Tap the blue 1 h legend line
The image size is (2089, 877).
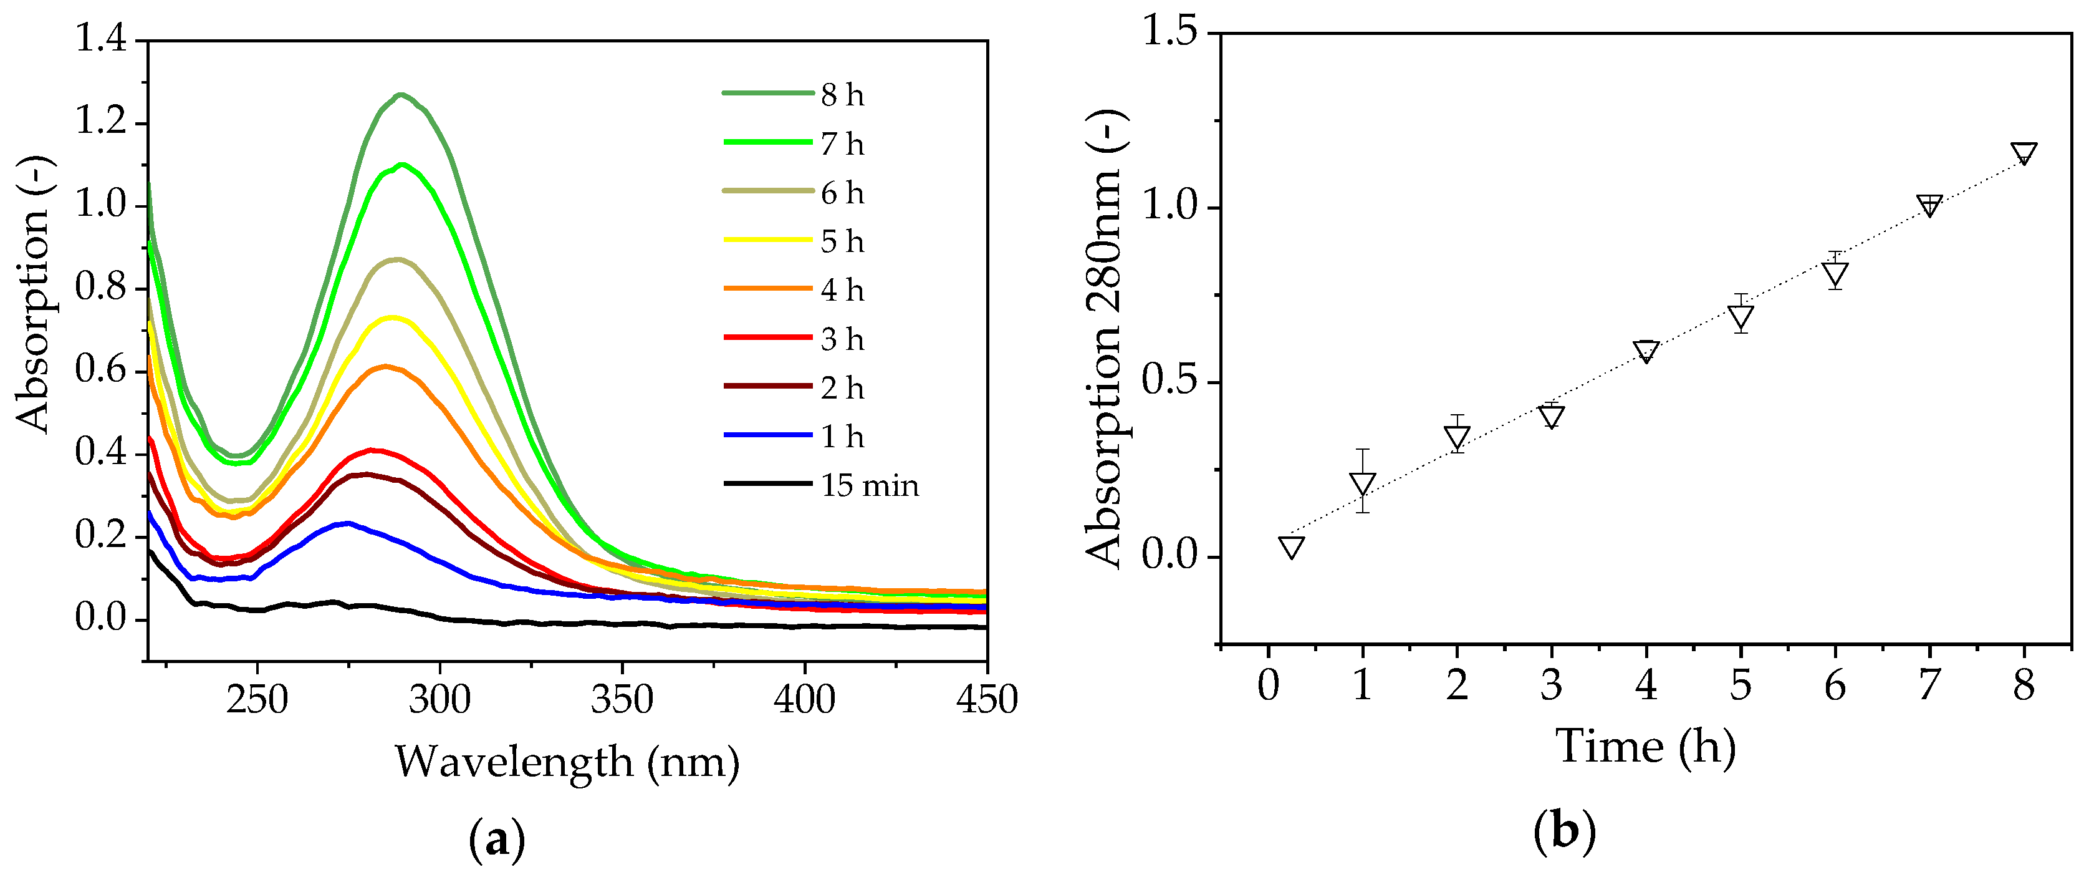[x=767, y=435]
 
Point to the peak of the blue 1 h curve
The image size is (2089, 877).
[x=348, y=523]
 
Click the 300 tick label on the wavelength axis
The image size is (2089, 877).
[x=439, y=699]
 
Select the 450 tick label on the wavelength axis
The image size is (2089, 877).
[x=986, y=699]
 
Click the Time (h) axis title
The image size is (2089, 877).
[x=1645, y=747]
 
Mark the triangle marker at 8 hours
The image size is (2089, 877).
[x=2024, y=153]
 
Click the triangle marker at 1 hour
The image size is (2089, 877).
[x=1362, y=483]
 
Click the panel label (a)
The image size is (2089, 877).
[x=496, y=840]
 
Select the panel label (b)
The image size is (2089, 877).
[x=1563, y=832]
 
